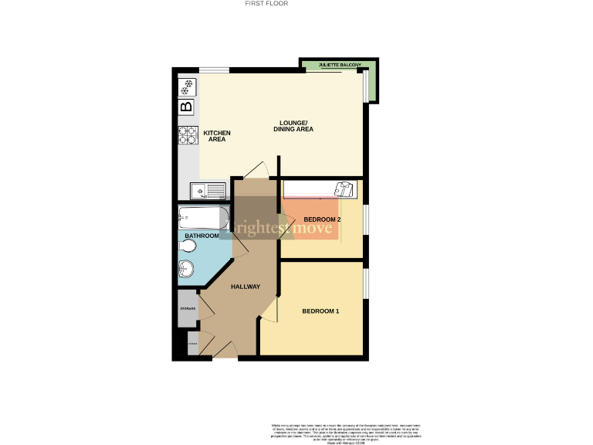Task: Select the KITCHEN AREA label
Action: tap(217, 136)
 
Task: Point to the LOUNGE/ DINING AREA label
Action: tap(293, 126)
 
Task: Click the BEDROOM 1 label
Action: tap(320, 311)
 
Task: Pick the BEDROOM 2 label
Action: tap(322, 219)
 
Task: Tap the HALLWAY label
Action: tap(246, 287)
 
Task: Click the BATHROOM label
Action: tap(202, 236)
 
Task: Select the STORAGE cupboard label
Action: tap(188, 309)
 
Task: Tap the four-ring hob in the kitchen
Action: tap(187, 135)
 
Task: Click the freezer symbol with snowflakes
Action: tap(187, 87)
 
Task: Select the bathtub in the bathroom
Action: tap(202, 217)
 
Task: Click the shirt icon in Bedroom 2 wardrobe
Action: tap(345, 189)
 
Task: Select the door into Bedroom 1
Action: tap(269, 311)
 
